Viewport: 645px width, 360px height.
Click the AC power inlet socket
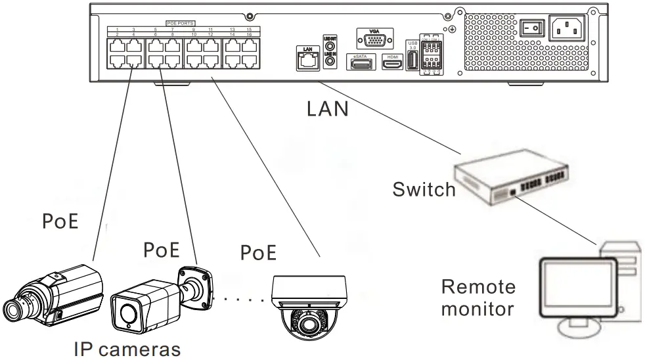pyautogui.click(x=566, y=28)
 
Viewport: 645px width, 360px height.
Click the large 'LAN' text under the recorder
pyautogui.click(x=328, y=108)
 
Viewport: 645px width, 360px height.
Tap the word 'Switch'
pyautogui.click(x=424, y=189)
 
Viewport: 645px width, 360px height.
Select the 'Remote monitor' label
pyautogui.click(x=478, y=298)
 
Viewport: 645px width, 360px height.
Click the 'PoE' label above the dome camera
pyautogui.click(x=258, y=252)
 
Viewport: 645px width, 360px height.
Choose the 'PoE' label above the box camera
pyautogui.click(x=60, y=221)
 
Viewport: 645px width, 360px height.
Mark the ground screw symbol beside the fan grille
pyautogui.click(x=451, y=30)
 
